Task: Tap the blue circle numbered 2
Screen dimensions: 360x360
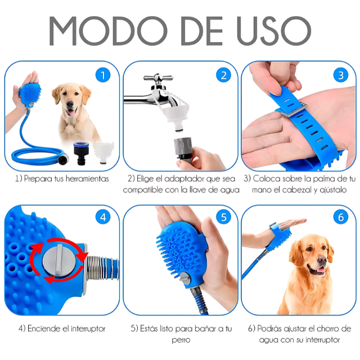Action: [223, 75]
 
